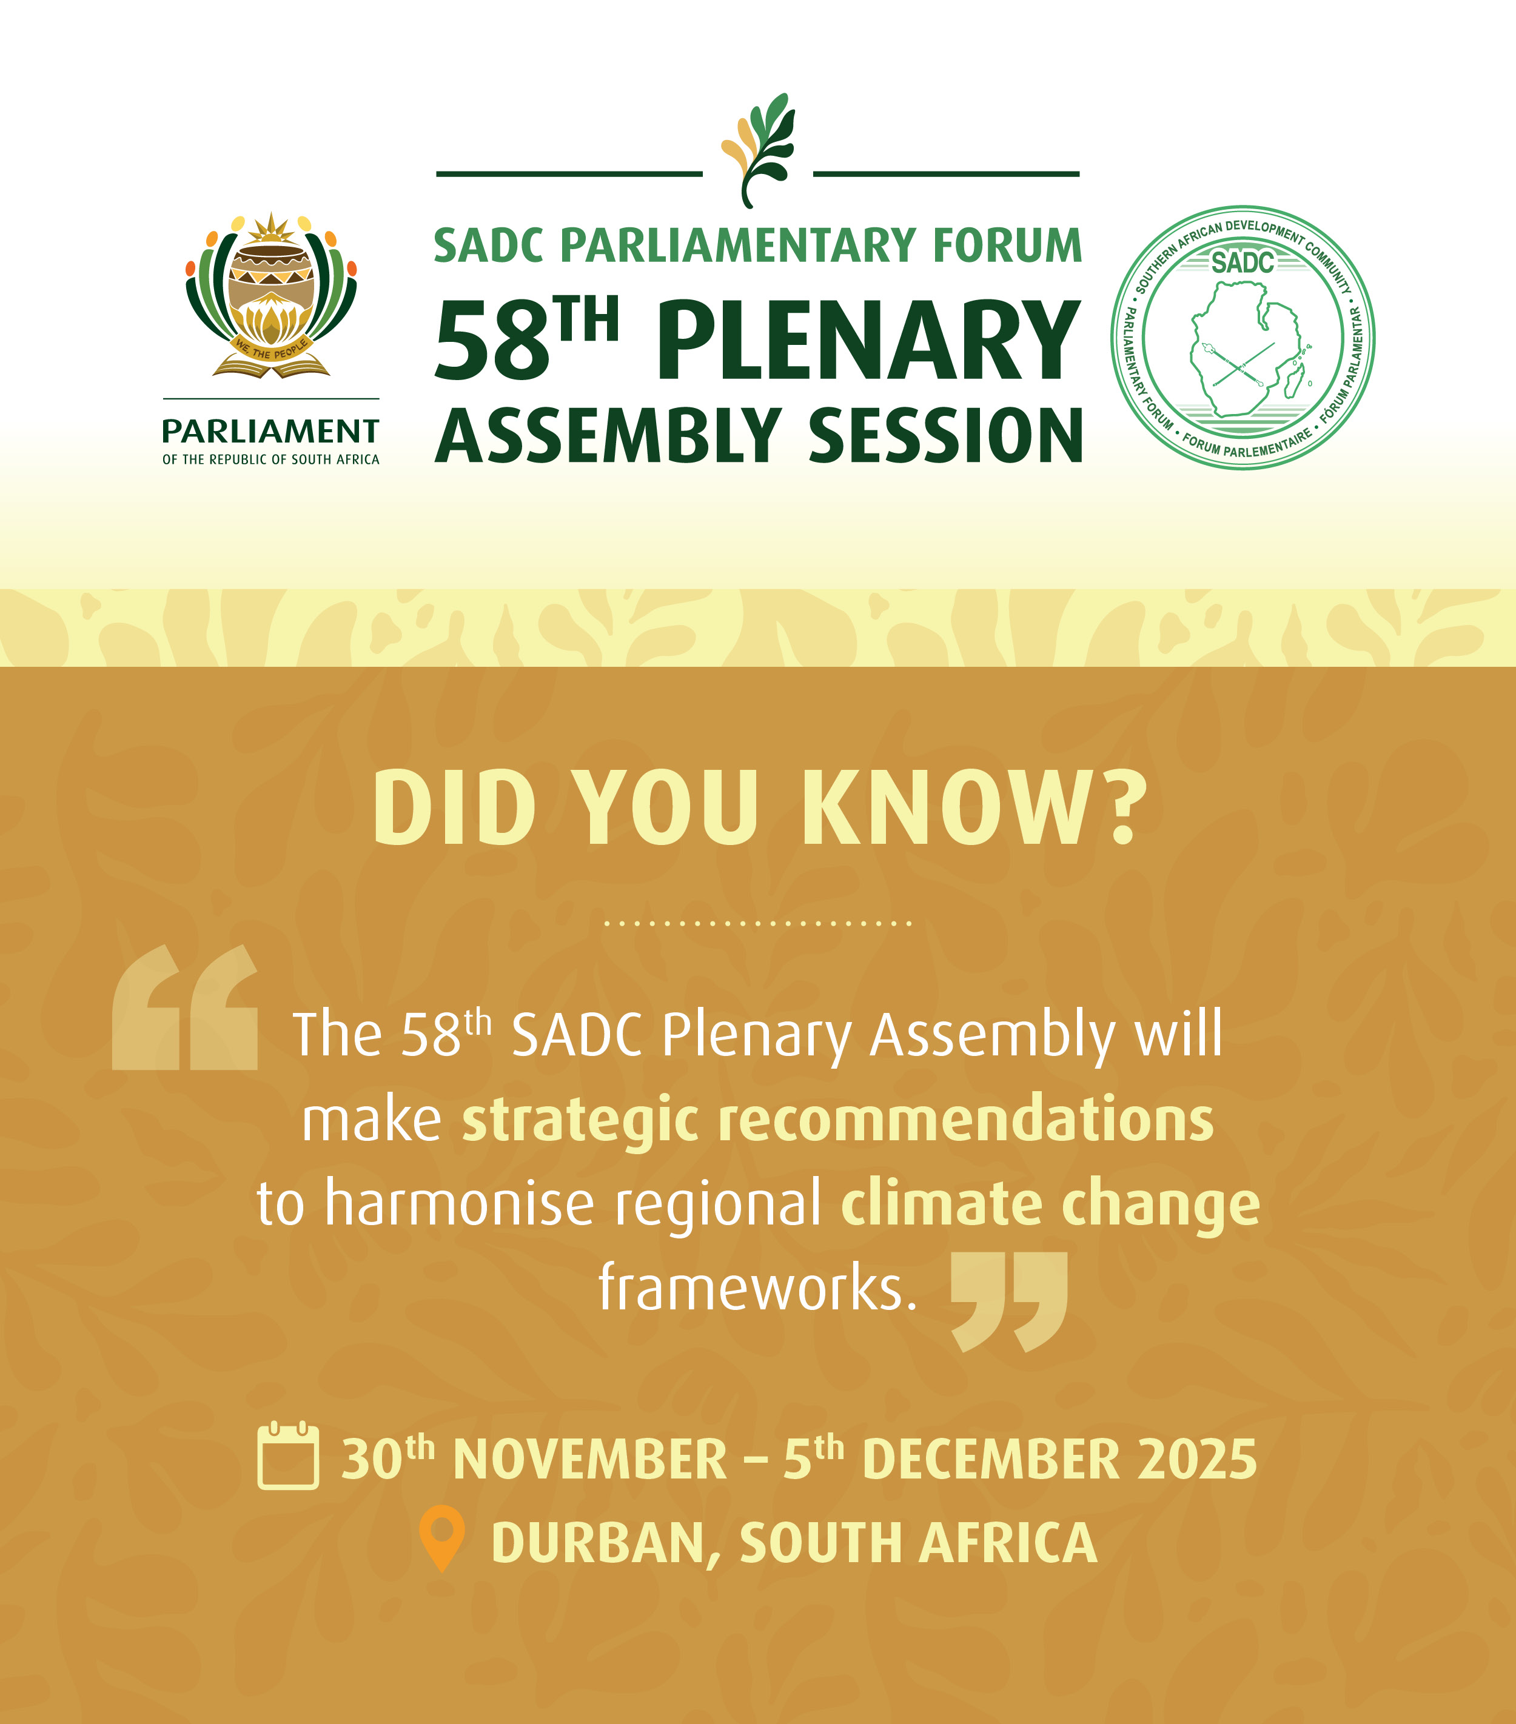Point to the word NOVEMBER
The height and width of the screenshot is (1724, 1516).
click(x=589, y=1460)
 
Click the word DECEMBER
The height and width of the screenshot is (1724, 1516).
click(x=991, y=1460)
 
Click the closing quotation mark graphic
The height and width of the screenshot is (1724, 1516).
click(x=1009, y=1301)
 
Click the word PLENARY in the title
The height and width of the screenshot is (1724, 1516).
click(x=868, y=342)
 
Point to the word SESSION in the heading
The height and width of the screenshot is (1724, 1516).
click(x=945, y=435)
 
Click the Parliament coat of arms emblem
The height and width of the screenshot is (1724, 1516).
click(x=271, y=295)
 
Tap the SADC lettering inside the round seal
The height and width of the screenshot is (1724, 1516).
click(x=1243, y=263)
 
